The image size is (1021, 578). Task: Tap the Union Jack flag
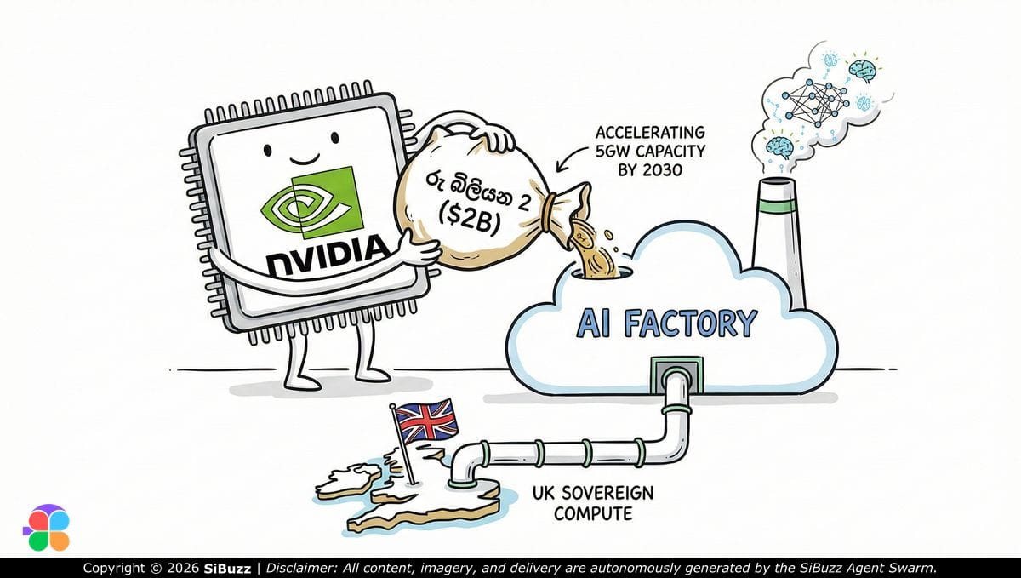(427, 421)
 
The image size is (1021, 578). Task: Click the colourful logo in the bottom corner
(46, 528)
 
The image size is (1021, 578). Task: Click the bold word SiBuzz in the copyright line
(227, 568)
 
